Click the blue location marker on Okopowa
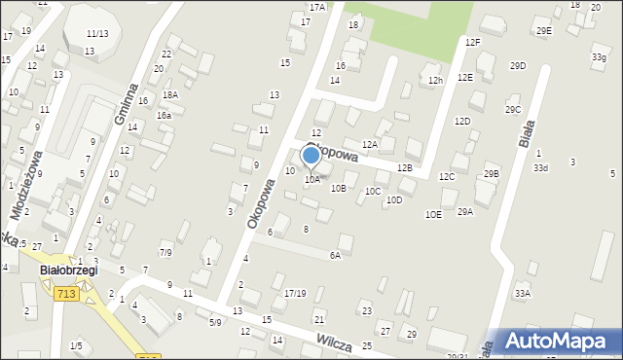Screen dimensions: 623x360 (311, 154)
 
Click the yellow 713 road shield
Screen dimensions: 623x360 (66, 294)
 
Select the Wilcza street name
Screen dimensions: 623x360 (334, 340)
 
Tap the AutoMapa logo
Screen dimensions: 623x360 (560, 341)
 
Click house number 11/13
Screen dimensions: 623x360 (96, 34)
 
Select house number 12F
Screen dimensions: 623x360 (472, 43)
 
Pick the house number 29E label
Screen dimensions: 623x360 (543, 31)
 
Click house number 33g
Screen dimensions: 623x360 (598, 58)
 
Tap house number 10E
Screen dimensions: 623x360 (433, 214)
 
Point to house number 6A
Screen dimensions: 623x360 (335, 256)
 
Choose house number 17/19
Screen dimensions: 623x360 (295, 293)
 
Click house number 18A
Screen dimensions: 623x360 (170, 94)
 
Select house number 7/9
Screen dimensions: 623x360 (166, 253)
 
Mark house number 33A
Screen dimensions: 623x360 (523, 293)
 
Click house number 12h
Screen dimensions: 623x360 (435, 81)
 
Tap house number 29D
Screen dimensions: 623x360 (518, 66)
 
